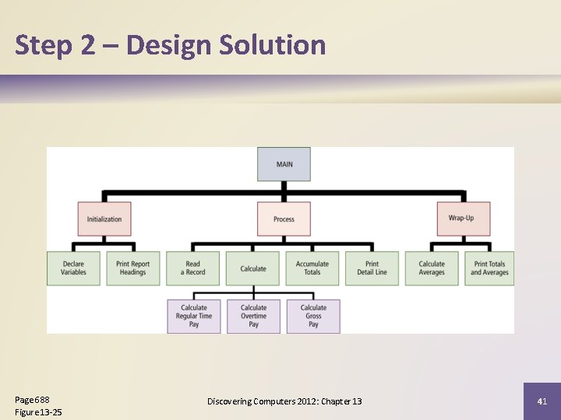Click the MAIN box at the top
point(284,164)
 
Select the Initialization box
point(104,219)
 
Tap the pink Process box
point(284,219)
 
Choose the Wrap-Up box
point(463,219)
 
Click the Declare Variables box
point(73,268)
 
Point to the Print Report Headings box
point(133,268)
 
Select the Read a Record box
point(193,268)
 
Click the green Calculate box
point(253,268)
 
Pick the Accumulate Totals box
point(312,268)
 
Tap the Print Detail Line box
point(372,268)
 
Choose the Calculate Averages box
point(432,268)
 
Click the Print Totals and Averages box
point(489,268)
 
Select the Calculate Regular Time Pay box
point(194,316)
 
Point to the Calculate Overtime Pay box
point(253,316)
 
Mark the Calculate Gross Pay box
point(313,316)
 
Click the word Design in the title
point(168,44)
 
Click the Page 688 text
point(33,399)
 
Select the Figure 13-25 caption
point(38,411)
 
